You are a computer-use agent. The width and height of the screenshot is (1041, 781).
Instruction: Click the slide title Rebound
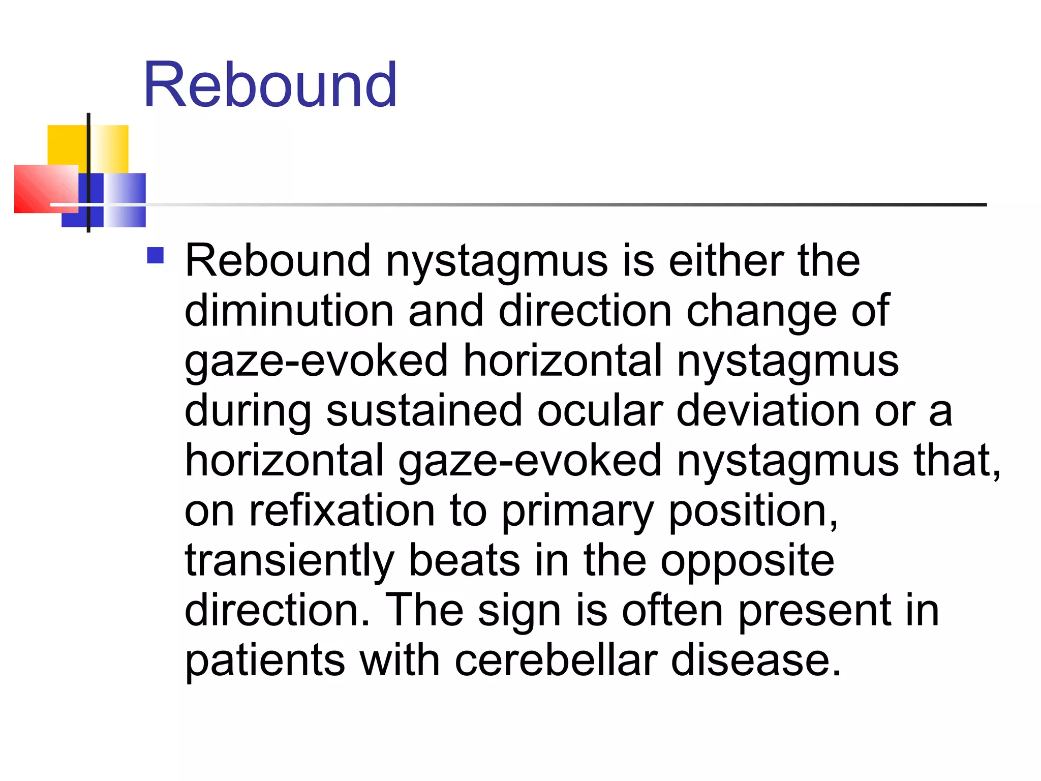click(x=270, y=84)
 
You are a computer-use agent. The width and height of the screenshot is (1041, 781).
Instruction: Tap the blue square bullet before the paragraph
click(x=155, y=255)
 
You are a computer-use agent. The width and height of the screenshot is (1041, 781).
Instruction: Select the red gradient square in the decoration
click(x=43, y=188)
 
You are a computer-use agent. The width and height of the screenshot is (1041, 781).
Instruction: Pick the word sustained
click(x=424, y=410)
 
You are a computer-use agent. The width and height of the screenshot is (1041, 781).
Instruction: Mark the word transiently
click(x=289, y=561)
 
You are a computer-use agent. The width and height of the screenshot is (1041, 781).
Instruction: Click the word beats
click(x=464, y=560)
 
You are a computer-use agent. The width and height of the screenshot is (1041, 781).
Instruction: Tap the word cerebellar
click(x=556, y=660)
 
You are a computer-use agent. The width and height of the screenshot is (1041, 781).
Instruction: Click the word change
click(x=761, y=312)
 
